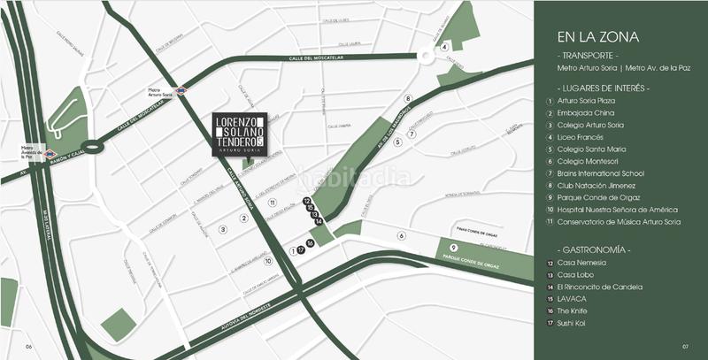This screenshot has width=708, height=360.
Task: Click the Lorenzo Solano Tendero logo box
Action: pyautogui.click(x=239, y=134)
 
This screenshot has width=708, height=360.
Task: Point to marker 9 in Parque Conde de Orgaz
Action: pyautogui.click(x=453, y=247)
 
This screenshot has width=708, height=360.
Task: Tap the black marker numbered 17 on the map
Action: pyautogui.click(x=302, y=250)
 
